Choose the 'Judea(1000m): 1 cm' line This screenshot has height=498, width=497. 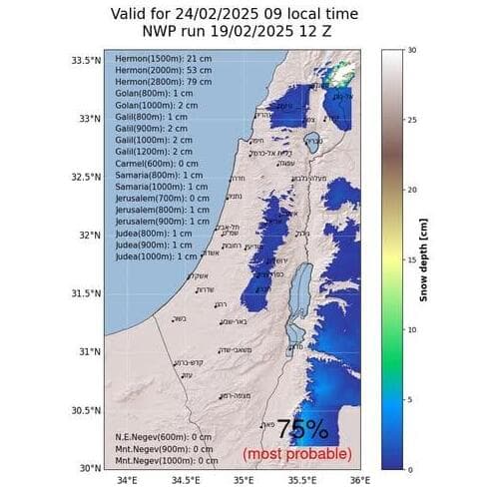pyautogui.click(x=157, y=255)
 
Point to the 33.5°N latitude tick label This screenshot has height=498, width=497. pyautogui.click(x=84, y=61)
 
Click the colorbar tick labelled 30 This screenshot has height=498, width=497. pyautogui.click(x=412, y=48)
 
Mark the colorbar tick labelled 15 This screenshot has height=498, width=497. pyautogui.click(x=412, y=258)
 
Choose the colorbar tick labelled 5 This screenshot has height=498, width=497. pyautogui.click(x=410, y=398)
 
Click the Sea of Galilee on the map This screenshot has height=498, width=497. pyautogui.click(x=311, y=140)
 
